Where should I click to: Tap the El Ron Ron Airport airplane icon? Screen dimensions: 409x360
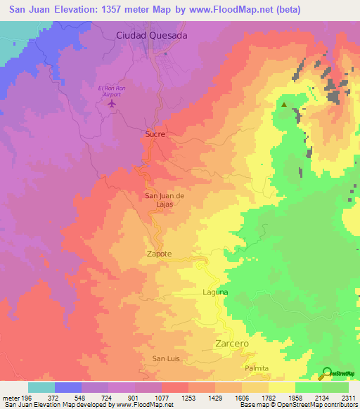[x=112, y=104]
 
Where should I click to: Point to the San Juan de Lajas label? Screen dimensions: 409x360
[x=165, y=199]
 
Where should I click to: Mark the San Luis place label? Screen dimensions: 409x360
[x=167, y=359]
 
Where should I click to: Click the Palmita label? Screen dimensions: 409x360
[x=257, y=368]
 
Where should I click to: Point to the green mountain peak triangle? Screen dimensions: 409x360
[x=284, y=105]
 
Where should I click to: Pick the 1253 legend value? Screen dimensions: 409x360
[x=188, y=397]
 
